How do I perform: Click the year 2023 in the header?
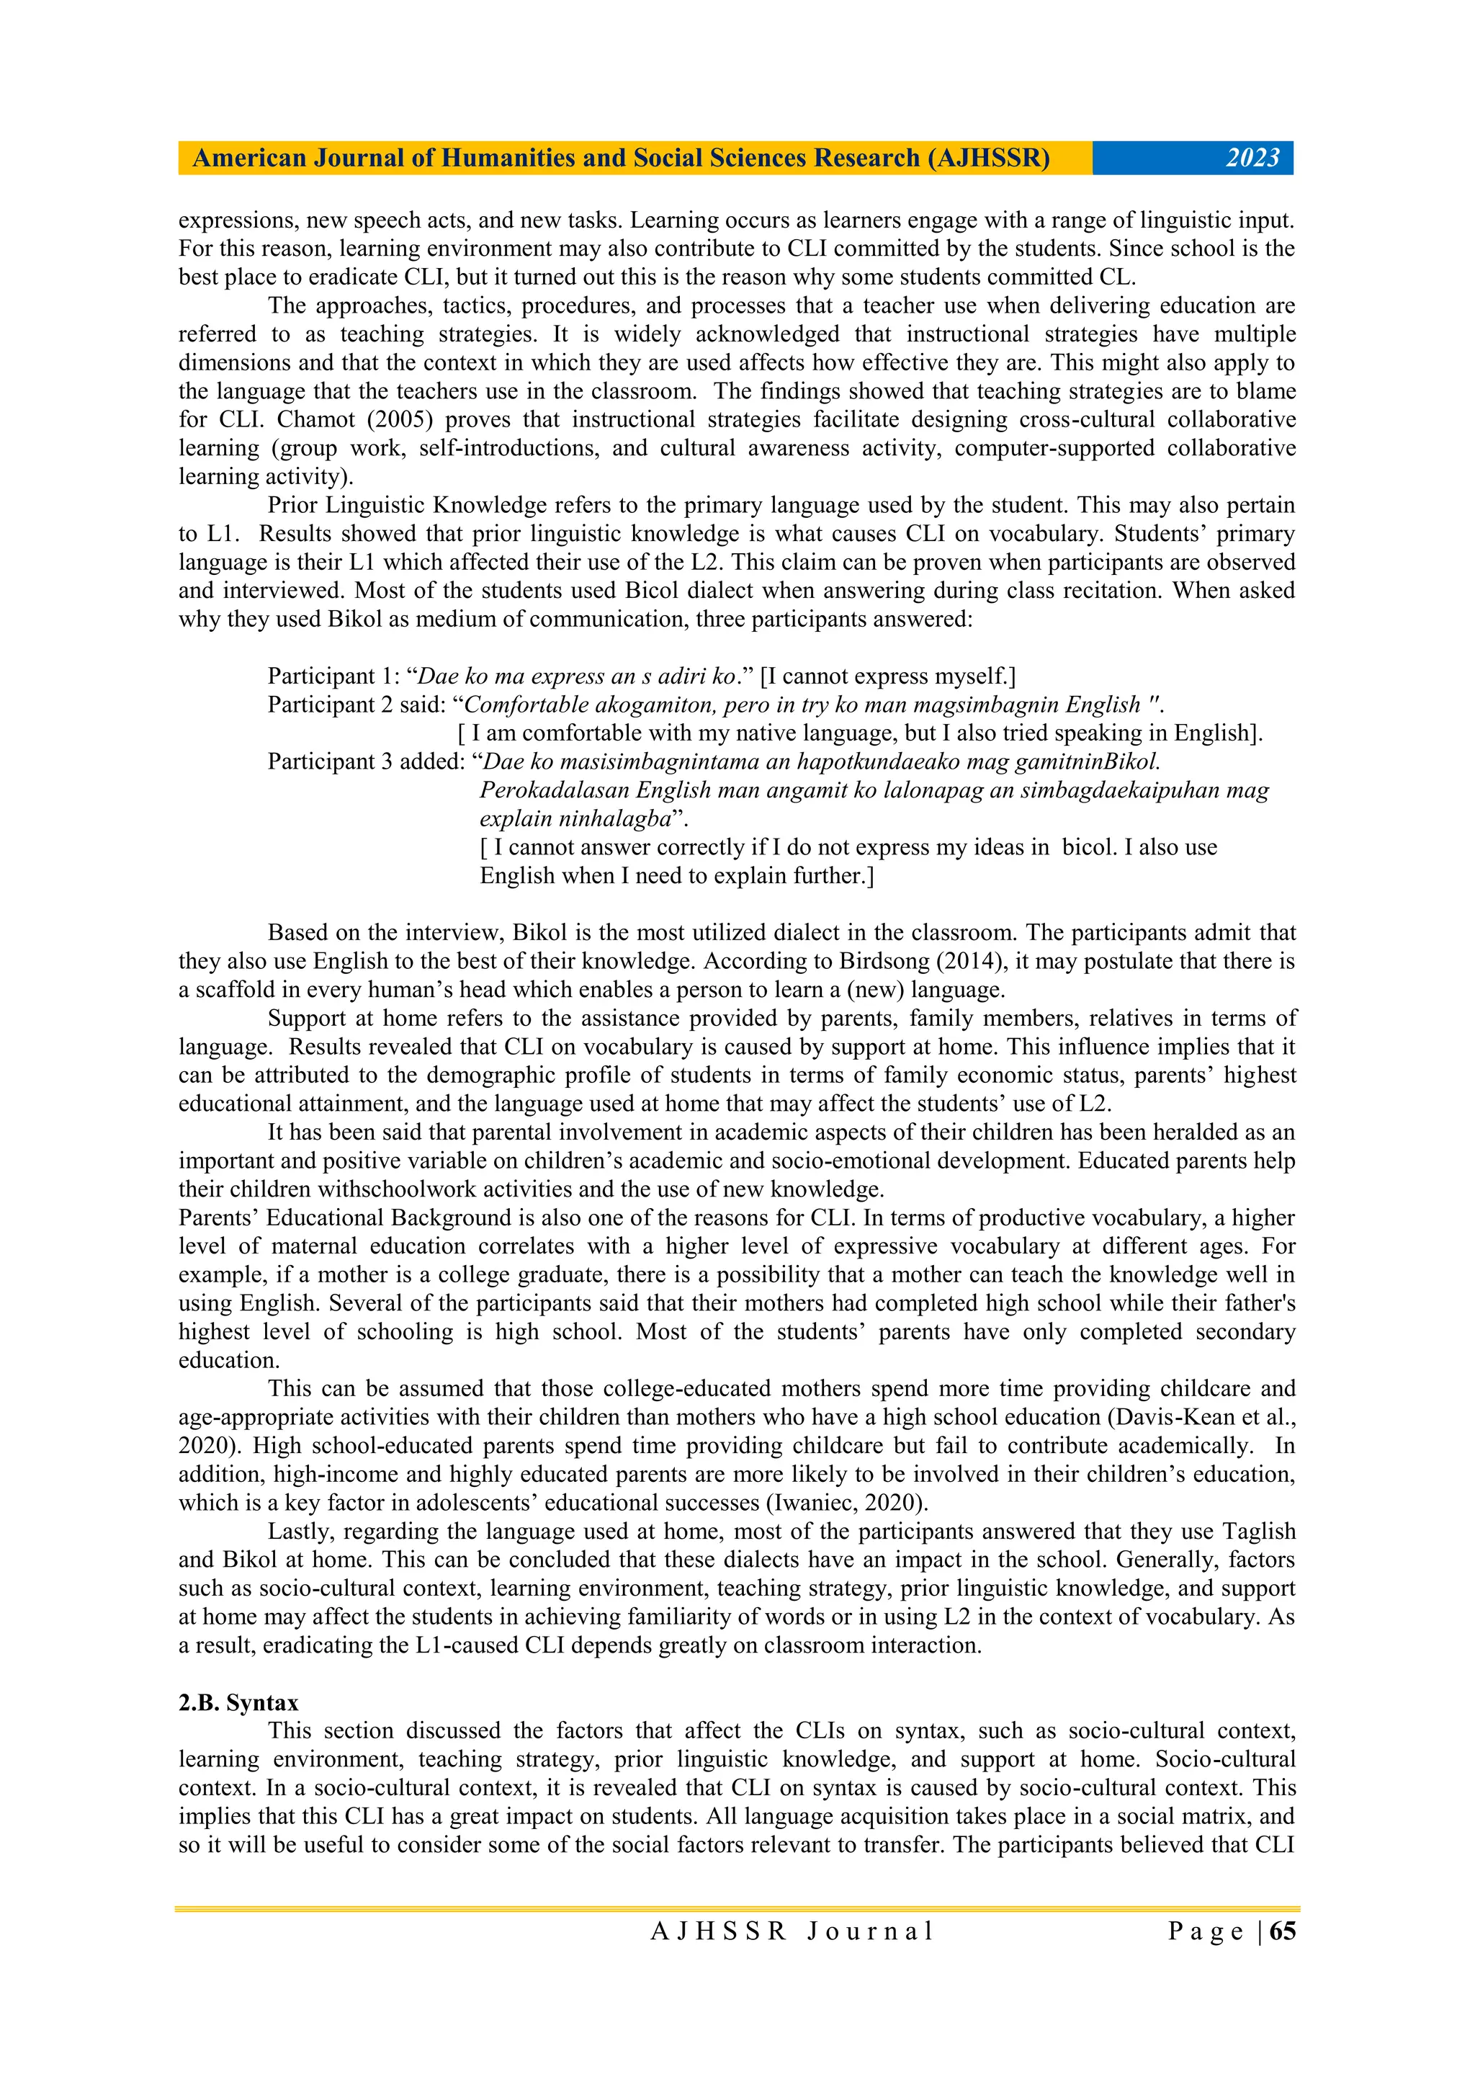(x=1252, y=158)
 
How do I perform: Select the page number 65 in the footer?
(x=1282, y=1931)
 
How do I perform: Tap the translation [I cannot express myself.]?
(x=888, y=676)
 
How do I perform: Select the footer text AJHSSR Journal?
(x=792, y=1931)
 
